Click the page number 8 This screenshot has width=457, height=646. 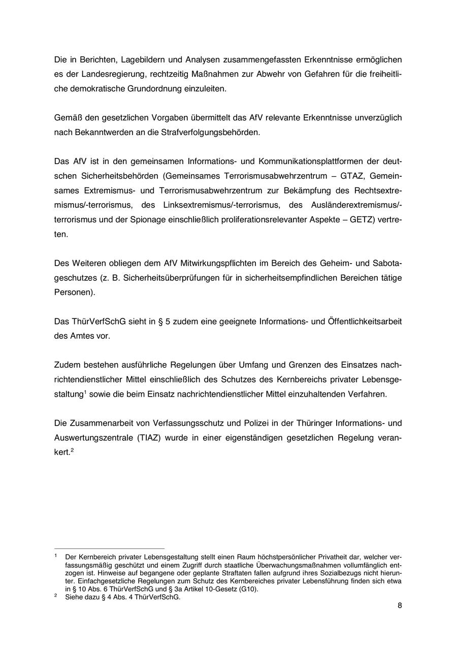tap(400, 605)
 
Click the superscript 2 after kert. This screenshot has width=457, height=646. tap(73, 450)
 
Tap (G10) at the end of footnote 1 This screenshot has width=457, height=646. tap(248, 589)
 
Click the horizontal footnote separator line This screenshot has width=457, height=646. tap(109, 549)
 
